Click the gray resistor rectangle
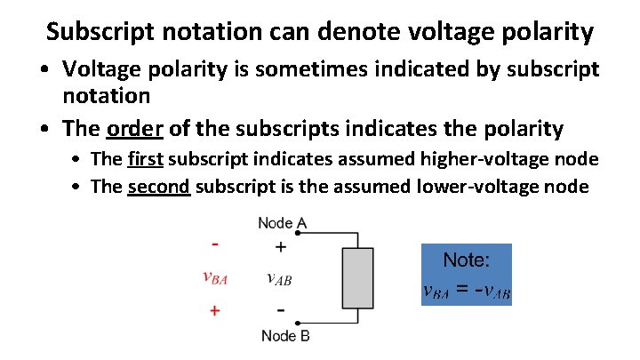coord(357,278)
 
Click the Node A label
coord(282,223)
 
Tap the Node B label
coord(285,336)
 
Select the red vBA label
coord(216,277)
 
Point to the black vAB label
coord(279,277)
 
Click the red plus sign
coord(215,311)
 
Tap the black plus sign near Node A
coord(280,247)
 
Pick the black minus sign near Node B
coord(281,310)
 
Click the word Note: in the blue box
coord(466,260)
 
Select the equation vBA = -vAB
coord(466,291)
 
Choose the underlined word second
coord(159,187)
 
